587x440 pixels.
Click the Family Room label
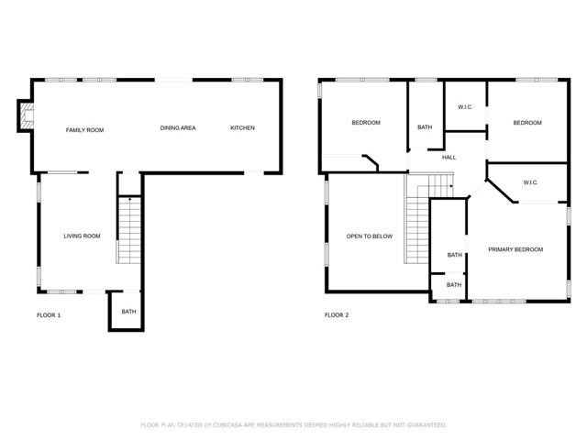(x=84, y=130)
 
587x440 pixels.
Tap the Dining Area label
(x=178, y=128)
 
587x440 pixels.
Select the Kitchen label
(x=242, y=128)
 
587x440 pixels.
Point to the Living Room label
(x=82, y=236)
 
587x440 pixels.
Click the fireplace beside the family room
(x=27, y=116)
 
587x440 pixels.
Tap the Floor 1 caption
(x=49, y=315)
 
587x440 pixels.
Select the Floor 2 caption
(x=337, y=315)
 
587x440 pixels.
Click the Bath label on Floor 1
(x=128, y=312)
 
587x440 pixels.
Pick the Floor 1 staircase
(x=129, y=230)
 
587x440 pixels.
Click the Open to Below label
(x=370, y=236)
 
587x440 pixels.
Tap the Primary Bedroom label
(x=515, y=249)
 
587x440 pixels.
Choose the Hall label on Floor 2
(x=449, y=158)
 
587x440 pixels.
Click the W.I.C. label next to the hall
(x=465, y=107)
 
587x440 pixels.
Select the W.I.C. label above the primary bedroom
(x=530, y=182)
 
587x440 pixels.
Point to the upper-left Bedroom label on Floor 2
(x=366, y=123)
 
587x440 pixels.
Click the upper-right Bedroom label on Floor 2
(x=527, y=123)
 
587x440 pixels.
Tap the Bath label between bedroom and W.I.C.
(x=425, y=127)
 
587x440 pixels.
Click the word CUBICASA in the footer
(x=228, y=425)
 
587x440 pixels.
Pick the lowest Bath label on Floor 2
(x=454, y=285)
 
